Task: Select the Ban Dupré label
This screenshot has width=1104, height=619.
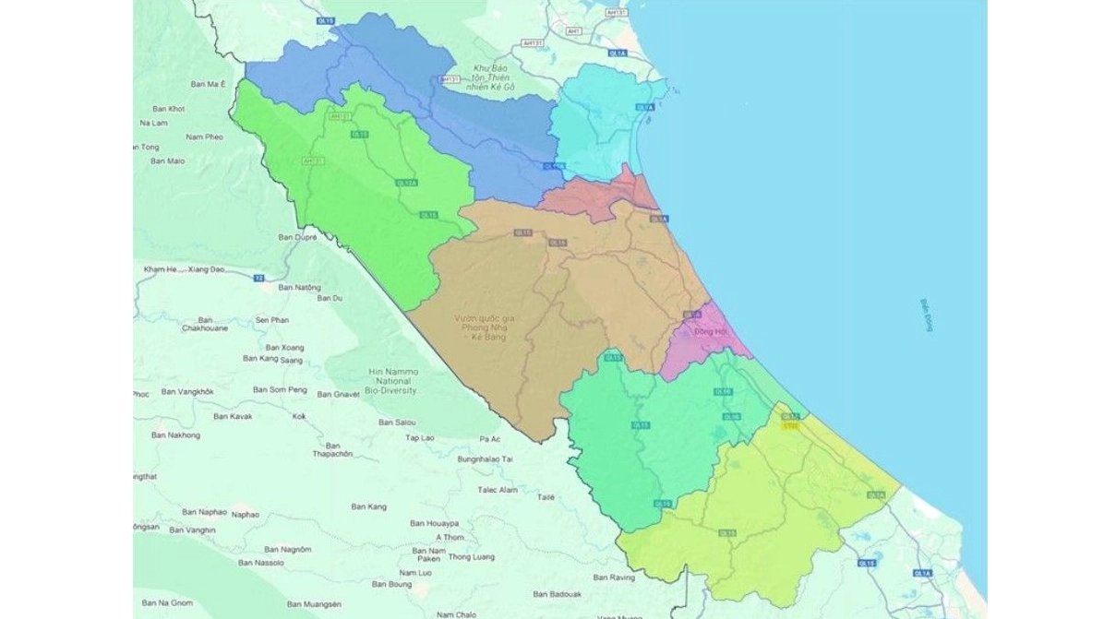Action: (x=297, y=237)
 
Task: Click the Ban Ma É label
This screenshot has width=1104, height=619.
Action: (x=209, y=84)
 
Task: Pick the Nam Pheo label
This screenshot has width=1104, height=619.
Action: (x=204, y=137)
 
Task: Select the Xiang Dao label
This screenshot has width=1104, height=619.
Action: (x=206, y=269)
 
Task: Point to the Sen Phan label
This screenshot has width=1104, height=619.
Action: (x=272, y=319)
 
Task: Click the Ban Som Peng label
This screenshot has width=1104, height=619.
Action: (x=280, y=390)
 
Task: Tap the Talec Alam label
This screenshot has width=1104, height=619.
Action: (x=496, y=490)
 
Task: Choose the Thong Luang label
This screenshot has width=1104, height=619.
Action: (x=471, y=557)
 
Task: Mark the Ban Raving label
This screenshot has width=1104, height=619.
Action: (x=614, y=577)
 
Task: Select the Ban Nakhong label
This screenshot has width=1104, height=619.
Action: (x=175, y=434)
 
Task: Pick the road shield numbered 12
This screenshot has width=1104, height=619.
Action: (x=259, y=277)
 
